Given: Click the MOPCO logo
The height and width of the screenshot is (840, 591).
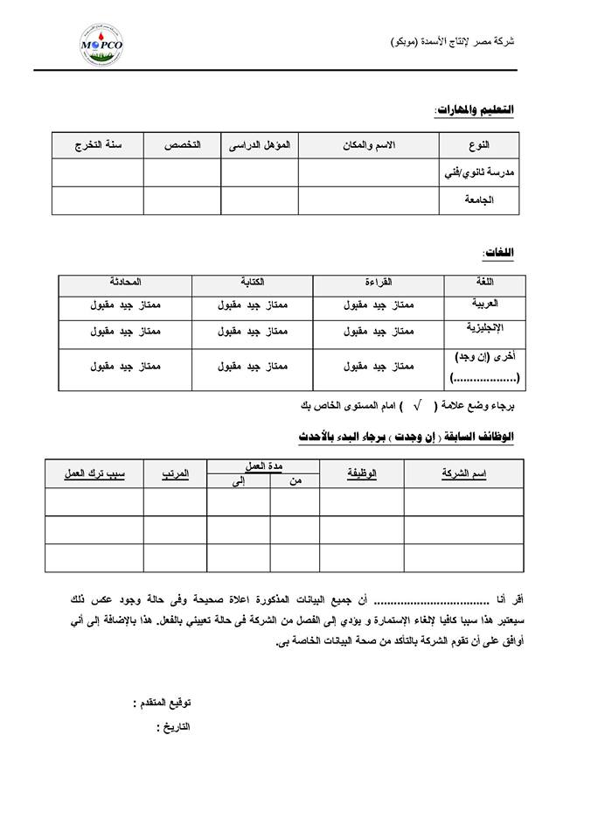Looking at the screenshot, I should click(x=101, y=45).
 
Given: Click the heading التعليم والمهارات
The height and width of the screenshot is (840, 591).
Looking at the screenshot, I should click(x=475, y=110).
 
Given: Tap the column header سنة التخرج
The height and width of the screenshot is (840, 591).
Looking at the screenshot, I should click(x=97, y=144).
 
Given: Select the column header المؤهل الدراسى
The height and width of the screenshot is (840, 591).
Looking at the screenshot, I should click(x=260, y=144).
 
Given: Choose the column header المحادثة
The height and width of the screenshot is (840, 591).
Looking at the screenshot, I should click(x=125, y=283).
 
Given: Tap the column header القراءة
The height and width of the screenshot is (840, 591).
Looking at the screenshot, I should click(x=378, y=283).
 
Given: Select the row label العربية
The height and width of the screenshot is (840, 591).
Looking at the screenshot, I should click(x=484, y=303).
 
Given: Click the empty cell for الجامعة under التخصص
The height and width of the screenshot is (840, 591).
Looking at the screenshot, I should click(x=182, y=200).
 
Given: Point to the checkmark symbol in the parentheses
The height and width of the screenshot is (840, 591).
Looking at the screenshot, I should click(x=418, y=405).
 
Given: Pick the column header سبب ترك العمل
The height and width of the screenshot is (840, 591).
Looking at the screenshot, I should click(x=94, y=473).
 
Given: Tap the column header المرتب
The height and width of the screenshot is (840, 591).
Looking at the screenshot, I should click(x=175, y=473).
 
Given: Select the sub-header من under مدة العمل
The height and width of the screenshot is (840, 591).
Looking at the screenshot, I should click(x=294, y=481).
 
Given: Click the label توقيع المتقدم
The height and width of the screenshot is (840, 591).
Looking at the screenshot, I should click(x=162, y=703).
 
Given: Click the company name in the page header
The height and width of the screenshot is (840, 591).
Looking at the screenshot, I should click(x=451, y=42).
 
